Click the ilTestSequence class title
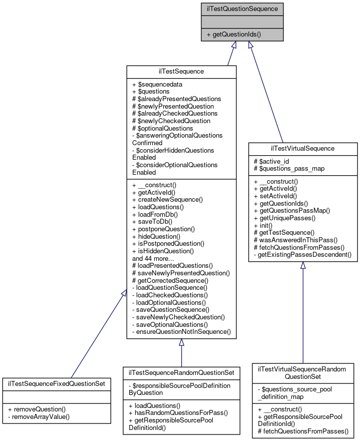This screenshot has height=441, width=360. tap(181, 72)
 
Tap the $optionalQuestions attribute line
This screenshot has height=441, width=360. tap(162, 128)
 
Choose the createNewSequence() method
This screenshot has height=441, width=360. tap(167, 199)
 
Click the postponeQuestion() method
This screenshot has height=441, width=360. tap(163, 229)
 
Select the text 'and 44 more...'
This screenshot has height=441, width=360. tap(153, 258)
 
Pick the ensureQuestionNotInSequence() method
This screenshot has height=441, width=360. tap(181, 331)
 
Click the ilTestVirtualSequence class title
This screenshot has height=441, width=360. tap(303, 149)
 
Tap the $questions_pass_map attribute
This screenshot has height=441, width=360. tap(289, 169)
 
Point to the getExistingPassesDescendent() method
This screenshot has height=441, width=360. tap(302, 255)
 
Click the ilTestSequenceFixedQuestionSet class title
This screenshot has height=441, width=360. tap(57, 384)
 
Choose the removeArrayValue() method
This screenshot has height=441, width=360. tap(39, 416)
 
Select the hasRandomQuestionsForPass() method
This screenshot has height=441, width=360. tap(178, 412)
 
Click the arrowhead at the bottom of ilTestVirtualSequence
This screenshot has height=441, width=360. tap(303, 266)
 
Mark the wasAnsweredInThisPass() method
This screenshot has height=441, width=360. tap(295, 240)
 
